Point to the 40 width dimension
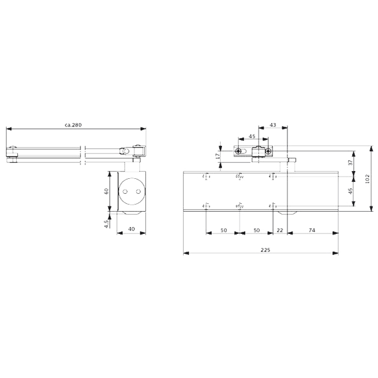131,228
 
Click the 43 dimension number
273,125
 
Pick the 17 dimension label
217,155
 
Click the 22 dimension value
280,229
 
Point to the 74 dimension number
311,229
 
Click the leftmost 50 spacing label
223,229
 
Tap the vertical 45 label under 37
351,192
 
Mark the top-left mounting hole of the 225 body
206,176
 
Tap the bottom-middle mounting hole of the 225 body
239,207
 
